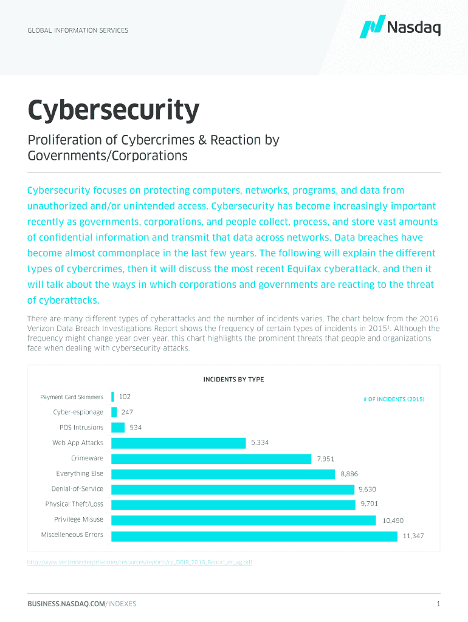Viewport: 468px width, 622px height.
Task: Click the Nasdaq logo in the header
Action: click(x=400, y=27)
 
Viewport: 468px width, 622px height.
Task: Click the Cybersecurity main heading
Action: click(x=113, y=111)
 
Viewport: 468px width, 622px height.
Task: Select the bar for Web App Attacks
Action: click(x=179, y=443)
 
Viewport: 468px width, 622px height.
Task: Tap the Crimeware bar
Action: click(x=212, y=459)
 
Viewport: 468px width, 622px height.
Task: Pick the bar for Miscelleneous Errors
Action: click(x=254, y=536)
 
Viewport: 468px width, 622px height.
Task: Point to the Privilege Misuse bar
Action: click(x=244, y=520)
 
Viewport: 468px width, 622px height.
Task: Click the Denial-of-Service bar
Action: click(x=233, y=489)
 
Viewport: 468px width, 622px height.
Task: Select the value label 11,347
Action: click(x=413, y=536)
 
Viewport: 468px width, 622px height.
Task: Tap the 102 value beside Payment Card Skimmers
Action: click(x=125, y=397)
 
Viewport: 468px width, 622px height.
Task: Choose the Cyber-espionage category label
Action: click(x=78, y=412)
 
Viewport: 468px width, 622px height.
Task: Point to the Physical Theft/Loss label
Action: click(x=74, y=504)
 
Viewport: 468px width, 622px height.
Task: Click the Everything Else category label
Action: click(x=80, y=473)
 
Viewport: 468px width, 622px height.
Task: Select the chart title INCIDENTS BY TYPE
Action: click(x=233, y=380)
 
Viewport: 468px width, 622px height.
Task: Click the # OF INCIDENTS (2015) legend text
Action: click(x=393, y=399)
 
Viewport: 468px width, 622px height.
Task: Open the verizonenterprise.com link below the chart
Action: click(x=140, y=563)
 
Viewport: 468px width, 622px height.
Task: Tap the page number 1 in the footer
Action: click(x=438, y=604)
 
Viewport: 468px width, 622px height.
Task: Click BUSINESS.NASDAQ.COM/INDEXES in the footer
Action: click(x=81, y=604)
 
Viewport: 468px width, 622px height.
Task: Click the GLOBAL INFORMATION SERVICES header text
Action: click(x=78, y=30)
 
